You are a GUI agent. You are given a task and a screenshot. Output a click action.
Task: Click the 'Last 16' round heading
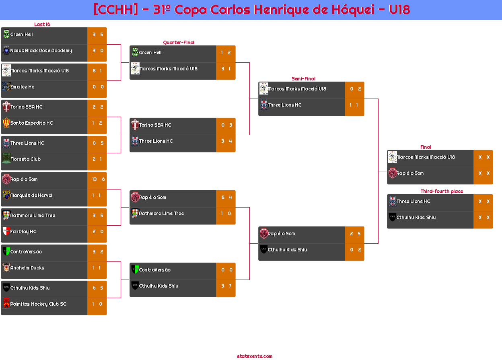(42, 24)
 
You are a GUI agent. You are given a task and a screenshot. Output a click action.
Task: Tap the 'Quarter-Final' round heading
(179, 42)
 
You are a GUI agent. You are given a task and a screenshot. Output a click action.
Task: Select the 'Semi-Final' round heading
(303, 79)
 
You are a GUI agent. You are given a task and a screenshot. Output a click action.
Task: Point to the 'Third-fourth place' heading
(442, 191)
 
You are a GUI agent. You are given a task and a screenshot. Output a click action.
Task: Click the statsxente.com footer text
(255, 356)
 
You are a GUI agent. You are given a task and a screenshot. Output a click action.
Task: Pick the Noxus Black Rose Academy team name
(41, 51)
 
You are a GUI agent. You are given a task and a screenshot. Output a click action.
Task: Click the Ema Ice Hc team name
(22, 87)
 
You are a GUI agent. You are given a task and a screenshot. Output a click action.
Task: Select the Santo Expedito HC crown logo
(6, 123)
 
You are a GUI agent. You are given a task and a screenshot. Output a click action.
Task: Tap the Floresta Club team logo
(6, 158)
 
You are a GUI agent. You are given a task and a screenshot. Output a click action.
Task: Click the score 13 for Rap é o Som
(95, 179)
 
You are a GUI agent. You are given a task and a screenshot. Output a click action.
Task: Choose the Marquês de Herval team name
(31, 195)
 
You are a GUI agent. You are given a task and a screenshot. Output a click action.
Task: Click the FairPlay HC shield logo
(6, 231)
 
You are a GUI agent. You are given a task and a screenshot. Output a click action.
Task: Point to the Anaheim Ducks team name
(27, 267)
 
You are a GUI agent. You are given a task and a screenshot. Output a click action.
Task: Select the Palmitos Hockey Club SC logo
(6, 303)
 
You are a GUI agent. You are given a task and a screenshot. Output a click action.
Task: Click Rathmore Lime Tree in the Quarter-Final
(161, 214)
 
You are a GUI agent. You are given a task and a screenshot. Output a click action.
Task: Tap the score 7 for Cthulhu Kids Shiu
(230, 286)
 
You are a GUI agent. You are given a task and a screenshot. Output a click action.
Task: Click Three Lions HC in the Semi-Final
(285, 105)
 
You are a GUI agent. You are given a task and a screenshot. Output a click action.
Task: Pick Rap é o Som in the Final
(410, 173)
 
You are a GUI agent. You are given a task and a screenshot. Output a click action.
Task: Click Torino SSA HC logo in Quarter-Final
(135, 125)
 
